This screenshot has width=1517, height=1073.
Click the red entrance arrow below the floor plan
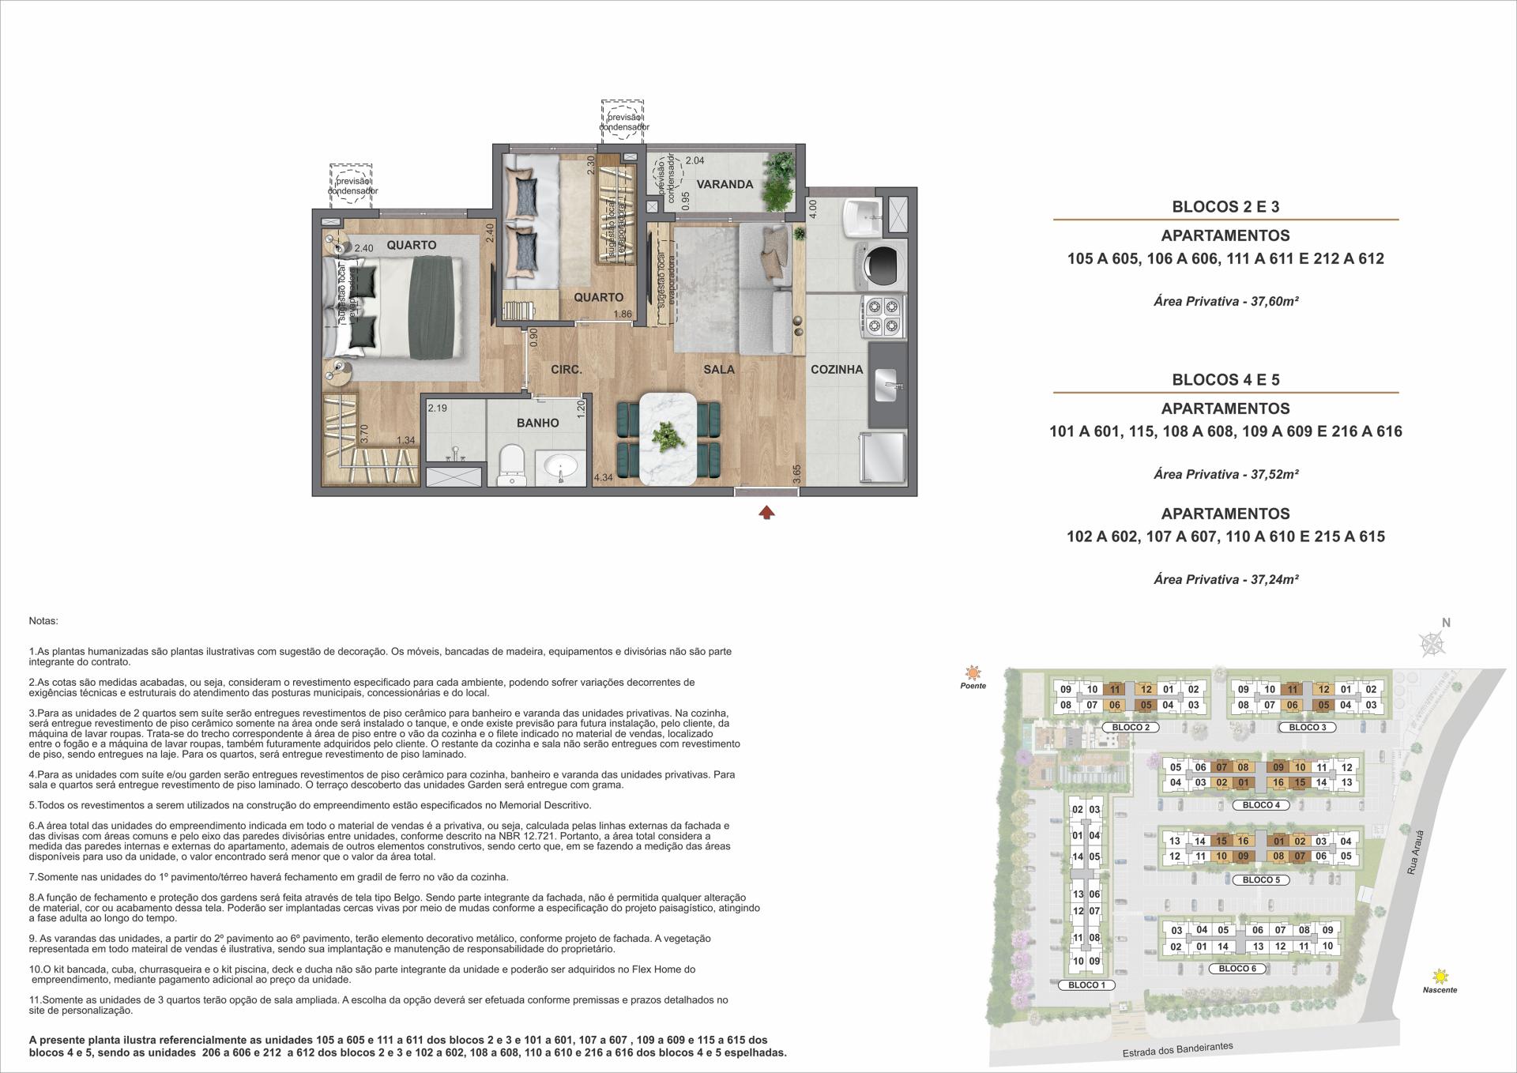click(766, 513)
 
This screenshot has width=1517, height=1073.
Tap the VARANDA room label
click(725, 184)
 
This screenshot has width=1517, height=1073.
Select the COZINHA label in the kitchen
click(837, 369)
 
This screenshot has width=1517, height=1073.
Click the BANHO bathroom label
click(537, 423)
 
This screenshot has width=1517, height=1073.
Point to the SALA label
click(719, 369)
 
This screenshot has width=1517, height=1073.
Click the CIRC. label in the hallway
click(567, 369)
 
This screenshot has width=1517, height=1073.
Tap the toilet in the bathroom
click(511, 465)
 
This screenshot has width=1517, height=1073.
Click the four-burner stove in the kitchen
click(883, 314)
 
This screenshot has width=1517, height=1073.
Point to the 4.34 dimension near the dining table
click(603, 477)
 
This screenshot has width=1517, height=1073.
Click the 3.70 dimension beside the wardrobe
click(364, 433)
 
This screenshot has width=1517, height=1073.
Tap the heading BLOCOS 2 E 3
click(1225, 207)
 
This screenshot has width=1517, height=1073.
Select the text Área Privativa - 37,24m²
click(1226, 579)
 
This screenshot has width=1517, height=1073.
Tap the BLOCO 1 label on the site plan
click(1086, 985)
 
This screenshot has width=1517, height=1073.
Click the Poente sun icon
click(973, 673)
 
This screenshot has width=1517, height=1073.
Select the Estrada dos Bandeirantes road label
click(1177, 1050)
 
